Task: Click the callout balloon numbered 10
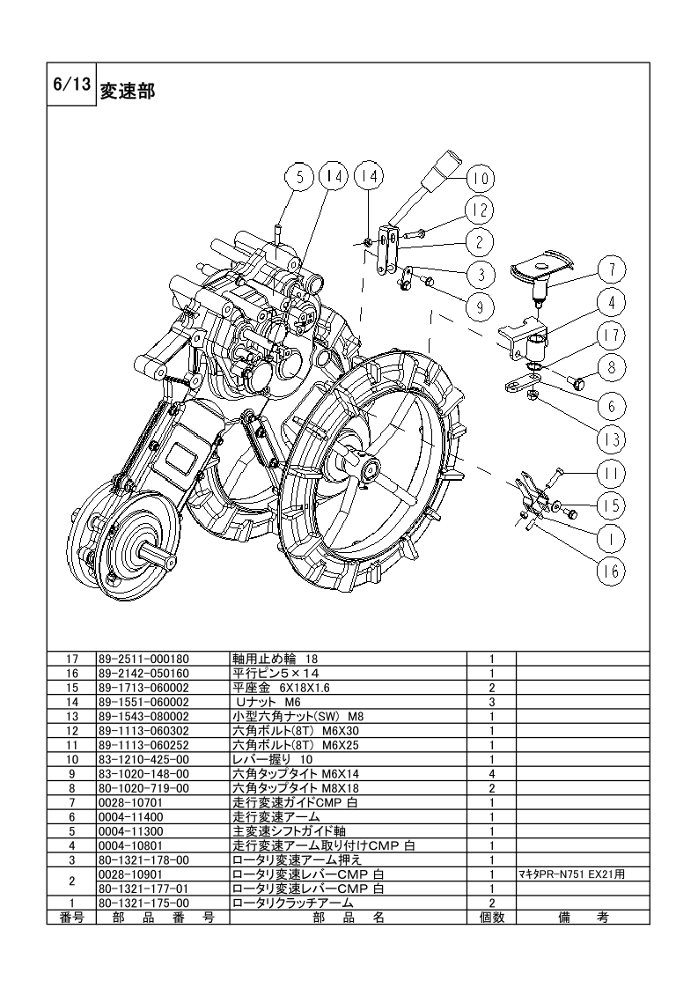(481, 179)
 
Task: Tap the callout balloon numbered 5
(300, 178)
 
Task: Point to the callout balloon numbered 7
(611, 270)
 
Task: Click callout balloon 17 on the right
(612, 335)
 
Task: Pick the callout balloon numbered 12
(480, 210)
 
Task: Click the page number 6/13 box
(72, 85)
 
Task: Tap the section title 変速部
(128, 92)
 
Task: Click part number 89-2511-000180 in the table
(143, 659)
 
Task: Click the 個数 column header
(492, 918)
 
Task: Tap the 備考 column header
(584, 918)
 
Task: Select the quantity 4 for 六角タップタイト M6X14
(492, 774)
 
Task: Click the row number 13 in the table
(72, 717)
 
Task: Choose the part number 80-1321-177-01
(143, 889)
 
